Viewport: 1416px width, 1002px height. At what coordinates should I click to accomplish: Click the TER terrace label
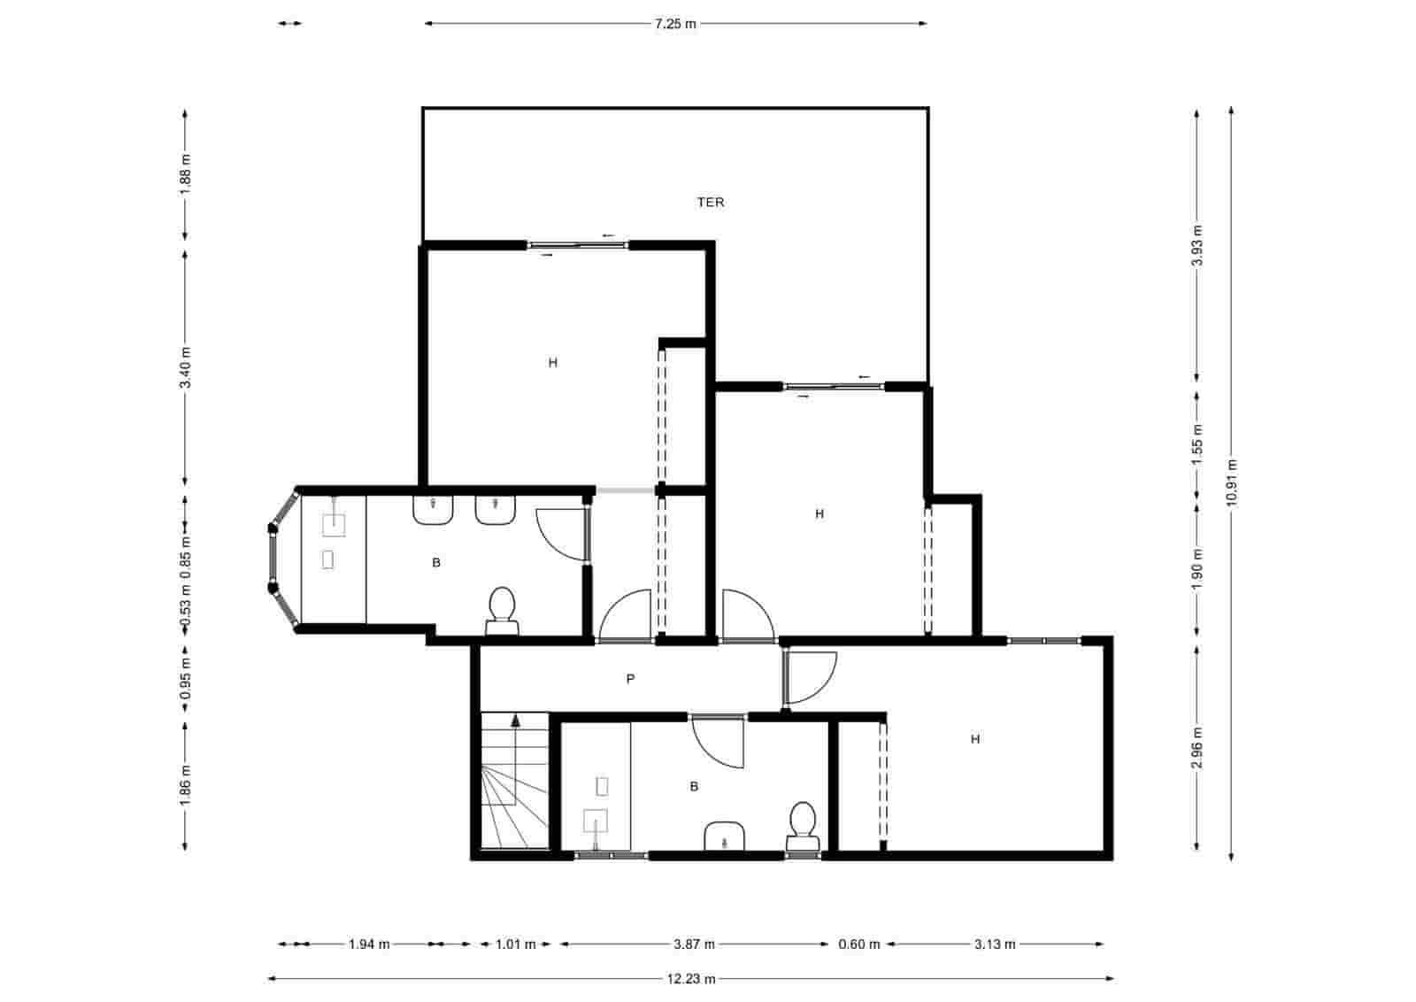coord(711,203)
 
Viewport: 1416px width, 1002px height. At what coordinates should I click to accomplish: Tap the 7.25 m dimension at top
coord(675,24)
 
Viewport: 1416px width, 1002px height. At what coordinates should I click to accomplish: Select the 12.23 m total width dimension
coord(691,979)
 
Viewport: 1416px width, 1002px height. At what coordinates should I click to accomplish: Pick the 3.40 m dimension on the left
coord(185,367)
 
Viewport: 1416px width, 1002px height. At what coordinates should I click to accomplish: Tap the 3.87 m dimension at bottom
coord(694,944)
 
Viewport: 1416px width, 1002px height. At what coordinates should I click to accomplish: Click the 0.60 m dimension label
coord(859,944)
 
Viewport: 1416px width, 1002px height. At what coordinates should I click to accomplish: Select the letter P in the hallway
coord(630,679)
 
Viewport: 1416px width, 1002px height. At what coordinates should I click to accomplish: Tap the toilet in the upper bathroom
coord(502,609)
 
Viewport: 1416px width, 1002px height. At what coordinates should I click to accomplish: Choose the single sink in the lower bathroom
coord(725,836)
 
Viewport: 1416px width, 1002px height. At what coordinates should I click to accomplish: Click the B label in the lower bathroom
coord(694,786)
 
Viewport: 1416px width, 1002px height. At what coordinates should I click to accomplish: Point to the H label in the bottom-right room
coord(975,739)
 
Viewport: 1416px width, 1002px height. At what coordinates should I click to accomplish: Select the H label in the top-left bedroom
coord(553,363)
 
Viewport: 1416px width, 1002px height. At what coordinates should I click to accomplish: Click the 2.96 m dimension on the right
coord(1197,748)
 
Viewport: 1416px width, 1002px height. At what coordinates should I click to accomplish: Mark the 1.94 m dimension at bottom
coord(369,944)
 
